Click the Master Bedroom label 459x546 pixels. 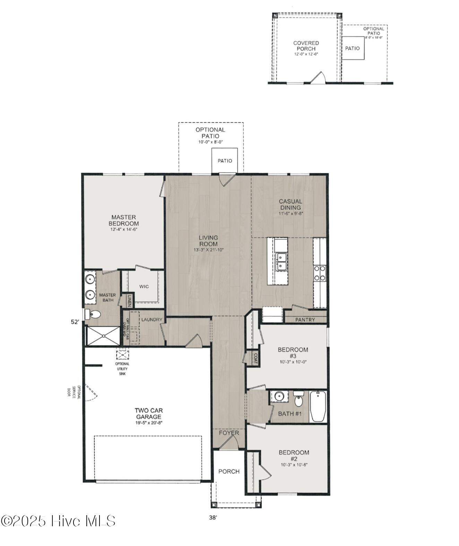(124, 221)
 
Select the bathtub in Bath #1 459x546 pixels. (318, 406)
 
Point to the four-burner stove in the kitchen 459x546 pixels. (320, 273)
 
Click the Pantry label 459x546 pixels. (305, 320)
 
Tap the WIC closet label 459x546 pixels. (144, 287)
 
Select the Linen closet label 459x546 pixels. (129, 301)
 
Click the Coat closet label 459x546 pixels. (256, 358)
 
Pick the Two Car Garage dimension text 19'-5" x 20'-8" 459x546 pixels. (148, 423)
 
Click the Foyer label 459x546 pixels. (229, 433)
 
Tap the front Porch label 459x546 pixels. (229, 472)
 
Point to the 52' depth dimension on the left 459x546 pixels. (75, 322)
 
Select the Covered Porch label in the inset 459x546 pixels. (306, 46)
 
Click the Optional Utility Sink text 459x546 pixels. (122, 369)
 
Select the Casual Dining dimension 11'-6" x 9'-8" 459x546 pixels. (291, 213)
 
